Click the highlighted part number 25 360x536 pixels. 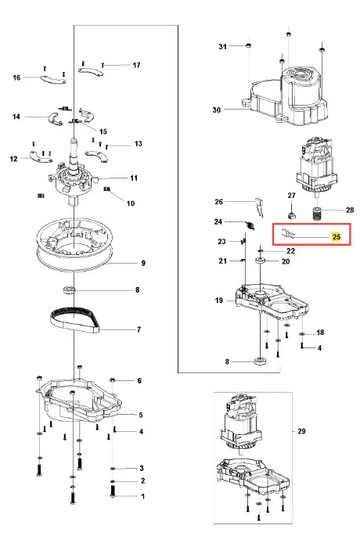[x=337, y=236]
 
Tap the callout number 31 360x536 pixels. [x=222, y=46]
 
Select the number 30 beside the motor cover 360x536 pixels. [x=217, y=110]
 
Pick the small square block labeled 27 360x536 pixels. [x=292, y=215]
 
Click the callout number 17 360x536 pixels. [x=136, y=65]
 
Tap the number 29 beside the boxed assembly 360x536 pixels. [x=301, y=431]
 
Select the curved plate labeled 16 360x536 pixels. [x=53, y=79]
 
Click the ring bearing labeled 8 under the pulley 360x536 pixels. [x=70, y=289]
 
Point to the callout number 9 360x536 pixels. [x=143, y=263]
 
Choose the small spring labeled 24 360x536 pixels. [x=250, y=225]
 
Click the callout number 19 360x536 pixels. [x=219, y=300]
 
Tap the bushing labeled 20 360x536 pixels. [x=260, y=261]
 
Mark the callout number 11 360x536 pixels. [x=134, y=178]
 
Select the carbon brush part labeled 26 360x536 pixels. [x=260, y=207]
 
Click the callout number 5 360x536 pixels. [x=141, y=415]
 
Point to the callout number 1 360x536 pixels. [x=143, y=496]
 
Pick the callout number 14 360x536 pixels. [x=16, y=117]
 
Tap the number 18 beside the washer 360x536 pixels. [x=320, y=333]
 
